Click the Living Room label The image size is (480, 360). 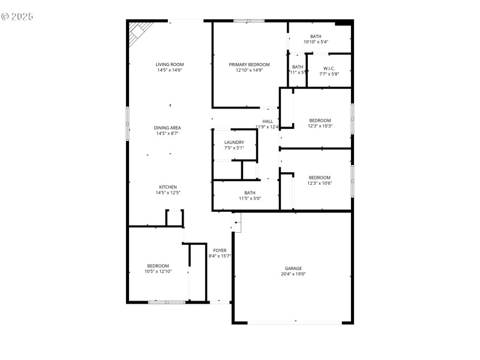(170, 64)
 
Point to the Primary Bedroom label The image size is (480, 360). (249, 64)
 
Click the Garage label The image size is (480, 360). (293, 268)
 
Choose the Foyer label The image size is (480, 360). (220, 250)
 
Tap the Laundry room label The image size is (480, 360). (234, 142)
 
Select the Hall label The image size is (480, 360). (268, 121)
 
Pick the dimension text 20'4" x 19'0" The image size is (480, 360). (293, 274)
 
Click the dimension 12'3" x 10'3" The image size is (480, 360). (320, 126)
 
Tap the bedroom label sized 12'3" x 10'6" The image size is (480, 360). (320, 178)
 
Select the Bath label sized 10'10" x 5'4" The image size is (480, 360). (316, 37)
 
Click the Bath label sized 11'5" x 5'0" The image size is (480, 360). (250, 193)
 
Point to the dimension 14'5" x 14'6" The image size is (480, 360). (170, 70)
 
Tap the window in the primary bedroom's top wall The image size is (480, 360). (249, 21)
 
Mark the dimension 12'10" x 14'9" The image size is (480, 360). (249, 70)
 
